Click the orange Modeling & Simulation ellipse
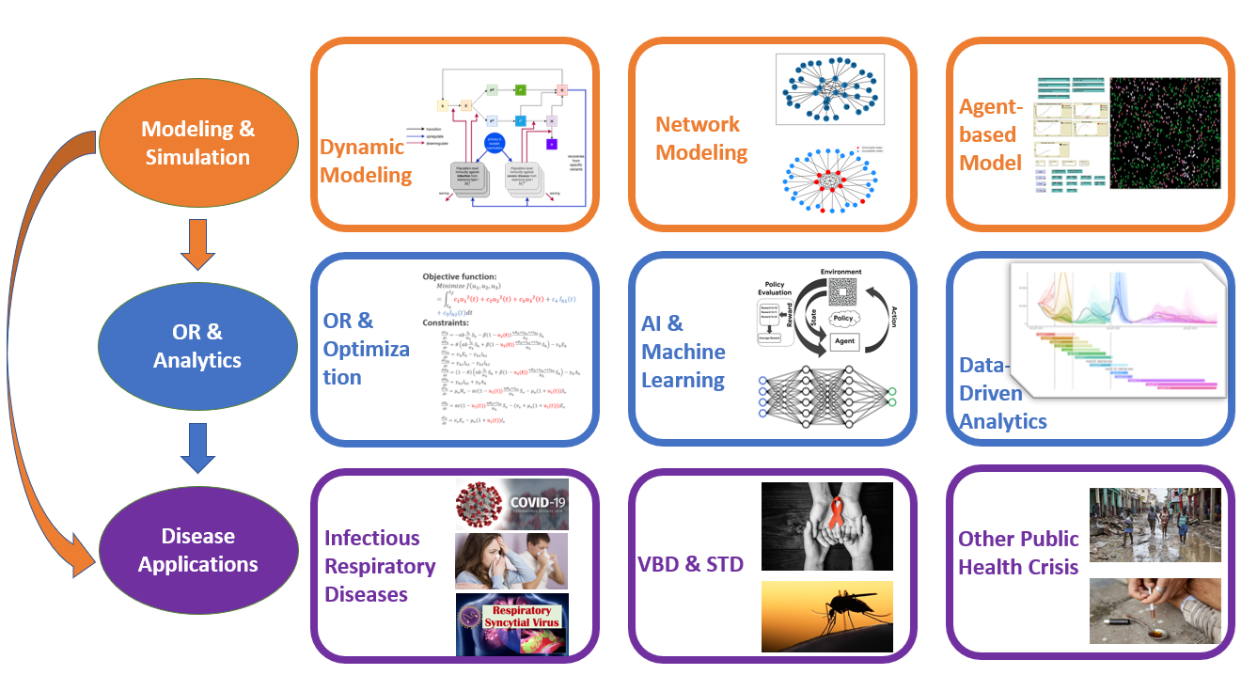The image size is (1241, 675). (x=197, y=143)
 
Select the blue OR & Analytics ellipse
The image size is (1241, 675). (x=197, y=346)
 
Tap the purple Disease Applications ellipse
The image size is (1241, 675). (x=197, y=550)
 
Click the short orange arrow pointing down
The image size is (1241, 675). (x=197, y=243)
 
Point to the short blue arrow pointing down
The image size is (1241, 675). (x=197, y=448)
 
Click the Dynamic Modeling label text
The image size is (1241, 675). (x=366, y=161)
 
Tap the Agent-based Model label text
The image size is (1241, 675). (x=991, y=134)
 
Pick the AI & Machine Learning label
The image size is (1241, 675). (x=683, y=352)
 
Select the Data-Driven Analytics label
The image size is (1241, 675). (x=1002, y=393)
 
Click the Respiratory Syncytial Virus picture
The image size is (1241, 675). (x=511, y=624)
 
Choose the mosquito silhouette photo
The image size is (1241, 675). (x=826, y=617)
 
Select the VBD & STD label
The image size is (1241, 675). (x=692, y=564)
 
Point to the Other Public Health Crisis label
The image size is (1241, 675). (x=1018, y=553)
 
